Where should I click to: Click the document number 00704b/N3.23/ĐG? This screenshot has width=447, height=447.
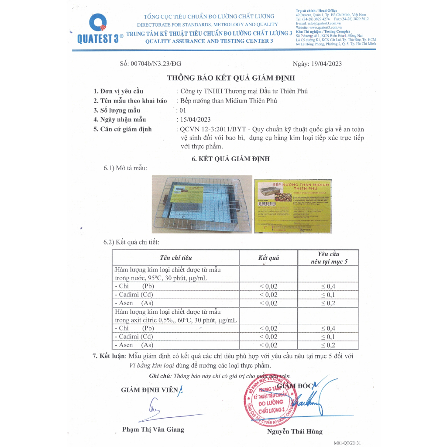tap(151, 64)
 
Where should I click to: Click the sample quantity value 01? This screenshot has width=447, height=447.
tap(182, 110)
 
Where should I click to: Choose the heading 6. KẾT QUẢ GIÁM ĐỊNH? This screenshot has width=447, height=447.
tap(230, 159)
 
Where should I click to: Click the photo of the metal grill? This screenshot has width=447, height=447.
tap(202, 204)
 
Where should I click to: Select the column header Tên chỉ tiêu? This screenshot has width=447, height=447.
tap(176, 258)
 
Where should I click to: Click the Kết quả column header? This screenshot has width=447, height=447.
tap(268, 258)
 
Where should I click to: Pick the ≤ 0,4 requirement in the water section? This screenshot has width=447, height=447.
tap(328, 286)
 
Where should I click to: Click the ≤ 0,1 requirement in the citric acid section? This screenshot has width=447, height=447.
tap(328, 337)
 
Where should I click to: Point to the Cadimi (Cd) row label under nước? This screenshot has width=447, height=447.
tap(134, 295)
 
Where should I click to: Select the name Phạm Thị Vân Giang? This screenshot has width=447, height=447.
tap(153, 430)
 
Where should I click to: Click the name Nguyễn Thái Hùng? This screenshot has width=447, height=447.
tap(295, 432)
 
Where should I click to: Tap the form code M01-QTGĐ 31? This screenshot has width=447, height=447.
tap(347, 443)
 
